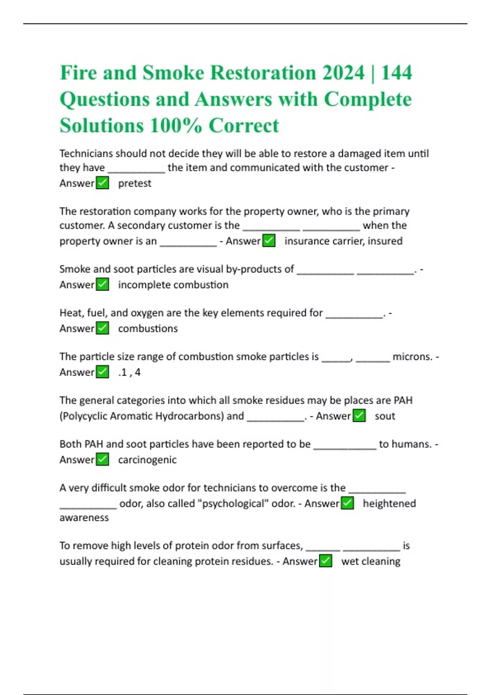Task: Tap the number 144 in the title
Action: [396, 73]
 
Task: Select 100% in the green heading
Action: [176, 126]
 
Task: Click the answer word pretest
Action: [135, 183]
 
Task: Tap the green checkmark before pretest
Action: [102, 183]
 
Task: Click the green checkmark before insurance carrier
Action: [269, 241]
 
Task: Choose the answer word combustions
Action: [148, 328]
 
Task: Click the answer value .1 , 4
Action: [129, 372]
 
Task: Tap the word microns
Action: [412, 356]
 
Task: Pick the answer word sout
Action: [385, 416]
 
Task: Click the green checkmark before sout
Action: [359, 416]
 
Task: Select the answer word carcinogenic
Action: [147, 460]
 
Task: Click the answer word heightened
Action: [389, 503]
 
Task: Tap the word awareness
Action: [84, 518]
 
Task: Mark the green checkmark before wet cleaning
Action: [326, 561]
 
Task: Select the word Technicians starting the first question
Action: [86, 153]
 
